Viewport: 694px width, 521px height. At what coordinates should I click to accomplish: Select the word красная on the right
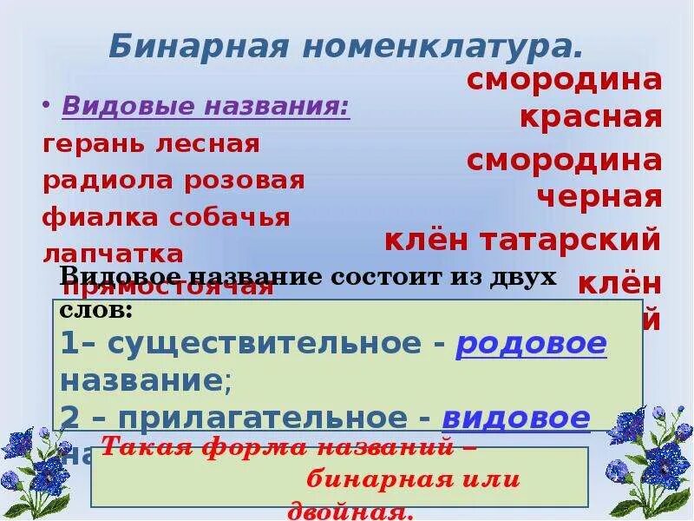click(591, 117)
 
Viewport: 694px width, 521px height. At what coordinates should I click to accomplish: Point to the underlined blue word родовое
click(531, 345)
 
